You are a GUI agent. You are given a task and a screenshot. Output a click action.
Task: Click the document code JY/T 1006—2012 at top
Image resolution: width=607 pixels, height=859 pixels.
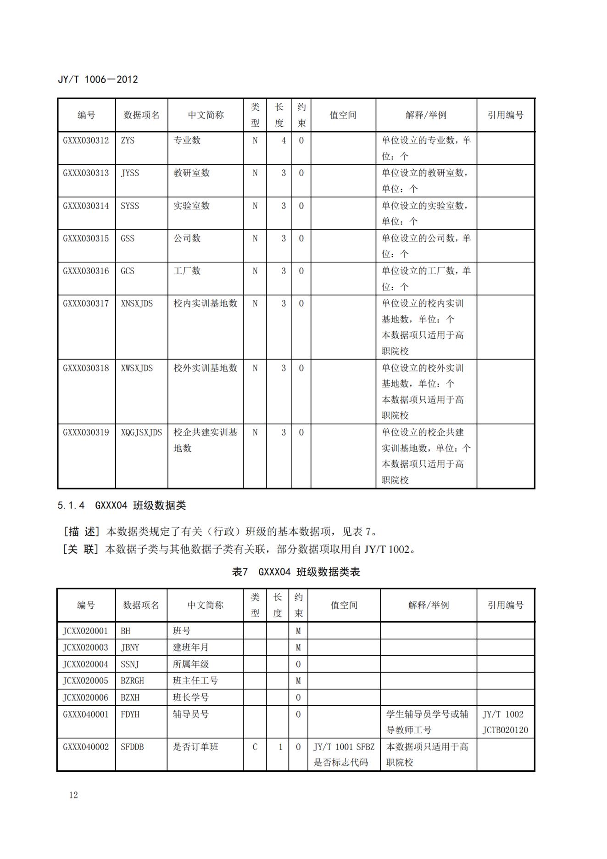click(x=98, y=79)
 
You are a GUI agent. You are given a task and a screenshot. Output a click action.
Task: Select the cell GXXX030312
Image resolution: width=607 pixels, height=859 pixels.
click(x=86, y=140)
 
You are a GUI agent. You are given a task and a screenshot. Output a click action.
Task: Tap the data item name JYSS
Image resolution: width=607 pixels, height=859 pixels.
click(x=130, y=173)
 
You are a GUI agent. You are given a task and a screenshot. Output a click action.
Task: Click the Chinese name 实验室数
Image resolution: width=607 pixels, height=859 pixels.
click(x=191, y=206)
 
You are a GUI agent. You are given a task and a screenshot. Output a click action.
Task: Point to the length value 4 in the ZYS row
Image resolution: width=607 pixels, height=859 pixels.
click(x=284, y=140)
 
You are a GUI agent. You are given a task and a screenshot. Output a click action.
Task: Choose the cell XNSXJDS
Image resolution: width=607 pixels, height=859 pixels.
click(x=137, y=303)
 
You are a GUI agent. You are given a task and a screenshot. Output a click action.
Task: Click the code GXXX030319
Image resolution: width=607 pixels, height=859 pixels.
click(x=86, y=432)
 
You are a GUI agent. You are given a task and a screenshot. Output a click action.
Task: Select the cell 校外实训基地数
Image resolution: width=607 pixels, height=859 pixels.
click(x=205, y=368)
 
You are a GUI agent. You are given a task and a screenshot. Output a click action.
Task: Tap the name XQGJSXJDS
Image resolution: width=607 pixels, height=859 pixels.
click(x=141, y=432)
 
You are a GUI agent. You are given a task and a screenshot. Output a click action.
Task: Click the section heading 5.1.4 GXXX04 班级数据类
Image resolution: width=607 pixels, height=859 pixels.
click(x=122, y=505)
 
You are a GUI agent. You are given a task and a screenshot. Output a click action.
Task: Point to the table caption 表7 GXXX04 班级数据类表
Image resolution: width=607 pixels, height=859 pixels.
click(x=296, y=572)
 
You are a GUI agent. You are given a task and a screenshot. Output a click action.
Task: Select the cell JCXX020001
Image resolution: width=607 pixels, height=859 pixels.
click(x=85, y=631)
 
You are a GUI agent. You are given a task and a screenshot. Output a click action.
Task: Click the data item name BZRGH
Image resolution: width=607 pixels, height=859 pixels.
click(x=132, y=681)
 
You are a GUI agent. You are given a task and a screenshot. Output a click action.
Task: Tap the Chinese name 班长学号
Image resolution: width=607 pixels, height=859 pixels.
click(x=191, y=697)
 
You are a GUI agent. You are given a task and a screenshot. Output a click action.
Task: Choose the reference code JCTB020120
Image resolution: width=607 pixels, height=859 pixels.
click(x=505, y=730)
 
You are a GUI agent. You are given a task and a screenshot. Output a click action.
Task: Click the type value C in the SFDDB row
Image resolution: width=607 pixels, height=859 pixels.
click(x=255, y=747)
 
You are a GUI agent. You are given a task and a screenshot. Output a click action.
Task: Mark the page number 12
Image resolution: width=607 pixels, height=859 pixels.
click(x=73, y=795)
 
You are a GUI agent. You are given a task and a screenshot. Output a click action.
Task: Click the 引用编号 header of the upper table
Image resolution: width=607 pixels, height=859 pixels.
click(x=505, y=115)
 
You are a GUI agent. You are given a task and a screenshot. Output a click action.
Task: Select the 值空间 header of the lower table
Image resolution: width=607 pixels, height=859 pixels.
click(x=344, y=605)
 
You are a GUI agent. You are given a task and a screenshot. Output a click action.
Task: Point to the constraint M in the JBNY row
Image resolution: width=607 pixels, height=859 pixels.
click(x=298, y=647)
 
